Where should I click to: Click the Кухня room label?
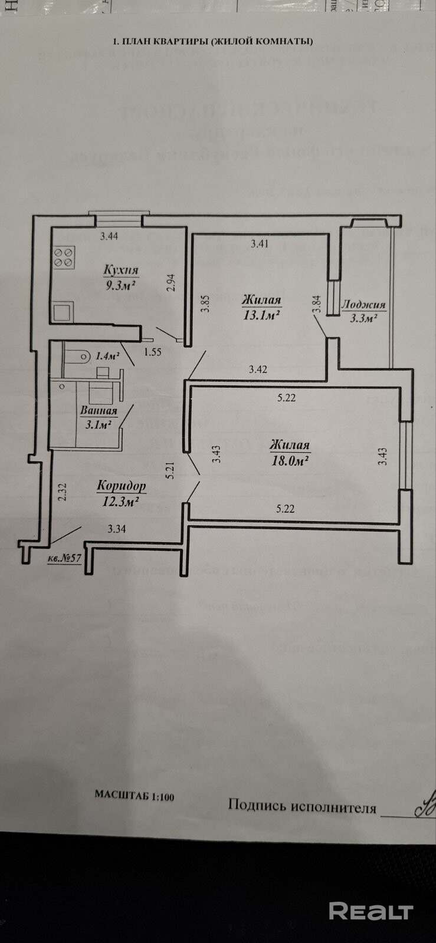pyautogui.click(x=121, y=270)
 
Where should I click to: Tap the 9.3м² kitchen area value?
pyautogui.click(x=121, y=285)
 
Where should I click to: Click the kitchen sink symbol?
pyautogui.click(x=63, y=311)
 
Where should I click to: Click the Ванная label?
pyautogui.click(x=99, y=411)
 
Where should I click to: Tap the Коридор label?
pyautogui.click(x=121, y=487)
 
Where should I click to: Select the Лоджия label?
pyautogui.click(x=364, y=305)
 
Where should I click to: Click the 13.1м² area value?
pyautogui.click(x=261, y=315)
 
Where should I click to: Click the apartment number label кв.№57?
pyautogui.click(x=64, y=559)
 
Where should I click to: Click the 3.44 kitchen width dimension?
pyautogui.click(x=109, y=236)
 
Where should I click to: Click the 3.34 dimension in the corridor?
pyautogui.click(x=116, y=529)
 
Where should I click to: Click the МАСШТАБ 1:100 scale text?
pyautogui.click(x=135, y=795)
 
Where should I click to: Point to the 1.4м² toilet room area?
pyautogui.click(x=107, y=355)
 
